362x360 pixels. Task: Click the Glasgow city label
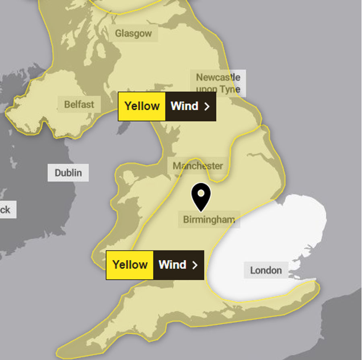pyautogui.click(x=133, y=33)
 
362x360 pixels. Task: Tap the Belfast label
pyautogui.click(x=79, y=105)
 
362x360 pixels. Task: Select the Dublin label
pyautogui.click(x=68, y=173)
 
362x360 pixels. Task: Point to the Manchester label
pyautogui.click(x=197, y=166)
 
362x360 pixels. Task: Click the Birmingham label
pyautogui.click(x=209, y=220)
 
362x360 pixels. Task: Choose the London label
pyautogui.click(x=266, y=270)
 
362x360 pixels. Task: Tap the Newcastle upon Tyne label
pyautogui.click(x=218, y=83)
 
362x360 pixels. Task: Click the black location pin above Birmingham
pyautogui.click(x=201, y=195)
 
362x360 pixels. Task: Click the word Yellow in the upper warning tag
pyautogui.click(x=142, y=106)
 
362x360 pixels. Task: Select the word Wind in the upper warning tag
pyautogui.click(x=185, y=106)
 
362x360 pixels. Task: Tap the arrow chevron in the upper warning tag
pyautogui.click(x=207, y=107)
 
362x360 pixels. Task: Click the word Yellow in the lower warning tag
pyautogui.click(x=130, y=265)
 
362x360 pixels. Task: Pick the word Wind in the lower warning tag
pyautogui.click(x=173, y=265)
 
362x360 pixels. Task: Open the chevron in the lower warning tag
pyautogui.click(x=195, y=265)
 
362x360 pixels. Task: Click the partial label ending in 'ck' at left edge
pyautogui.click(x=6, y=210)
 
